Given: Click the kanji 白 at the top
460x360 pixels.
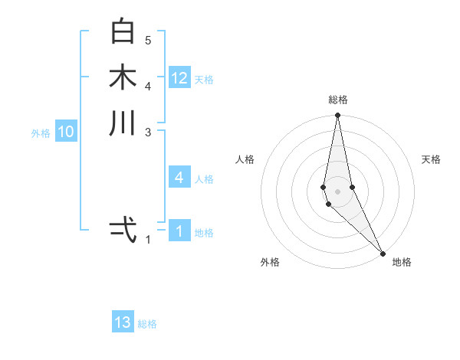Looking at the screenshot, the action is [x=123, y=31].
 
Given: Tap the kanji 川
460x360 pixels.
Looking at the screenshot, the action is [x=123, y=123].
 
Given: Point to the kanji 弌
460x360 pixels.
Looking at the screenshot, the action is [x=123, y=229].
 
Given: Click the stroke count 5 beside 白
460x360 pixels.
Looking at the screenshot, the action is [x=148, y=40].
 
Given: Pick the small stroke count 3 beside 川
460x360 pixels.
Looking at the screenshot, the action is [x=148, y=132].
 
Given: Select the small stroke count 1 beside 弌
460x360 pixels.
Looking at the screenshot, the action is [x=148, y=240].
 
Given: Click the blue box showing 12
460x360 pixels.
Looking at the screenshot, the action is [x=179, y=78].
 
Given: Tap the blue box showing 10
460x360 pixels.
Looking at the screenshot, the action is [x=66, y=133].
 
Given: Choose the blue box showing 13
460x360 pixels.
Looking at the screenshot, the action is [x=123, y=322].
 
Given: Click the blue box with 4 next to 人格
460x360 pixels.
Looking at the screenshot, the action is [x=179, y=178].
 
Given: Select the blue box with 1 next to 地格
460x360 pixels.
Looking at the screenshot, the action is [x=179, y=231].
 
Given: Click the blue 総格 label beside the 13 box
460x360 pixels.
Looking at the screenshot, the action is [x=147, y=324].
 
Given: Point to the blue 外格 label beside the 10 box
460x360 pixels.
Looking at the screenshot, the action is [x=41, y=133].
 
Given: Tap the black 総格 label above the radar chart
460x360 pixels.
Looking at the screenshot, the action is [x=338, y=100].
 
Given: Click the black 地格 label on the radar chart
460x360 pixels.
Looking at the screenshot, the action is [x=402, y=263].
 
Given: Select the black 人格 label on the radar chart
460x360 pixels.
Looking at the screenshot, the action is [x=245, y=159].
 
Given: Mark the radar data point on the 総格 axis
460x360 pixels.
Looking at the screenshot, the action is [x=337, y=116].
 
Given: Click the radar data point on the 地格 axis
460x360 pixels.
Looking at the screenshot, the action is [x=383, y=252].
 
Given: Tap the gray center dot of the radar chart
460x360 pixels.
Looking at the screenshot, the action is [x=337, y=191].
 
